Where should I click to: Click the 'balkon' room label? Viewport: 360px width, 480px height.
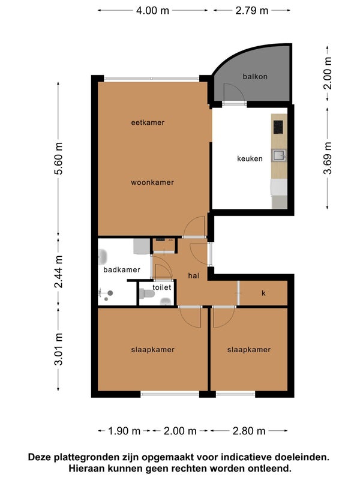coord(255,76)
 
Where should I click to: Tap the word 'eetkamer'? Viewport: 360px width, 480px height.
coord(148,122)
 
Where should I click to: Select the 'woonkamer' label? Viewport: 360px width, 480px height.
coord(152,182)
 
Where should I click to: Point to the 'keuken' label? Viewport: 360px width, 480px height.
coord(250,158)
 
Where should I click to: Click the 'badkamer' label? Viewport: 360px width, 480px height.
coord(122,269)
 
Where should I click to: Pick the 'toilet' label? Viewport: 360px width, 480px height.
coord(161,287)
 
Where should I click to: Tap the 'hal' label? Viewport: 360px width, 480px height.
coord(193,275)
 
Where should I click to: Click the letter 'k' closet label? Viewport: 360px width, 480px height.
coord(263,293)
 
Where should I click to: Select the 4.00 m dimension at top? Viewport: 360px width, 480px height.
coord(152,10)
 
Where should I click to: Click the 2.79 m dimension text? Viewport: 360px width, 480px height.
coord(251,10)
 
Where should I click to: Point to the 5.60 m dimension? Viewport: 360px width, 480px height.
coord(58,158)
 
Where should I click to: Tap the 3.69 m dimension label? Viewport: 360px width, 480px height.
coord(328,158)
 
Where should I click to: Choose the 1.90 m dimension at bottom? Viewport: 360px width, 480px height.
coord(124,431)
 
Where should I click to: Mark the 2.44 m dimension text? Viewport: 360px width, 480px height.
coord(58,272)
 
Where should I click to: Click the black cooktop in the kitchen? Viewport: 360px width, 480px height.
coord(278,127)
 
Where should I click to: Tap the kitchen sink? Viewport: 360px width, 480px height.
coord(279,155)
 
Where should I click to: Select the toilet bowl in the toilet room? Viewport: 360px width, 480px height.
coord(146,294)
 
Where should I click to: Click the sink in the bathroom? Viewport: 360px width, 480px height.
coord(103,257)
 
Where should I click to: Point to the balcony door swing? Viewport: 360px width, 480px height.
coord(234,92)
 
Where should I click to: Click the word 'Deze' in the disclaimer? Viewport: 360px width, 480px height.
coord(40,457)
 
